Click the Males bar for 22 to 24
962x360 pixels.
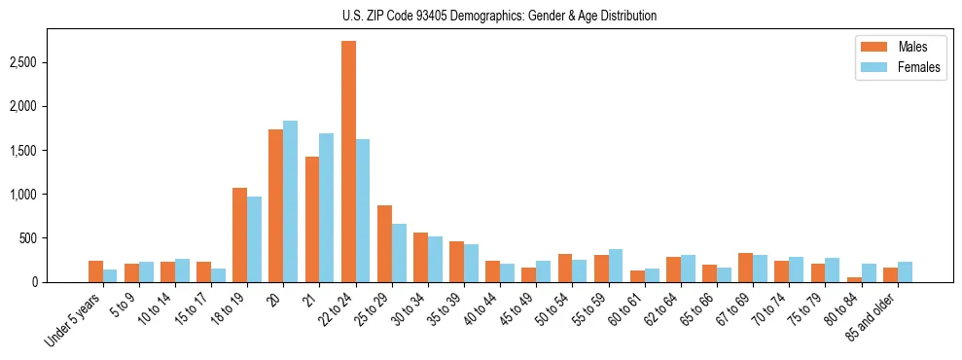coord(348,162)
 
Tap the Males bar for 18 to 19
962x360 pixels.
coord(239,234)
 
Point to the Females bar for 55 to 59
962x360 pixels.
coord(616,266)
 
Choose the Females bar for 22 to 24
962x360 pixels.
coord(363,210)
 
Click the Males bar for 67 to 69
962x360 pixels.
coord(746,268)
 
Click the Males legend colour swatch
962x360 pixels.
coord(870,47)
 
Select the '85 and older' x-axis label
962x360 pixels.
coord(871,318)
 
